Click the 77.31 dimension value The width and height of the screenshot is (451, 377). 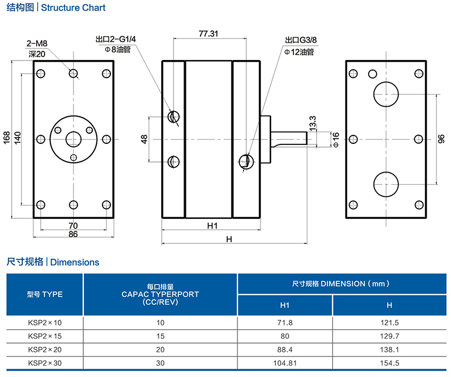[209, 33]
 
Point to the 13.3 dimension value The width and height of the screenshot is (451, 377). [312, 123]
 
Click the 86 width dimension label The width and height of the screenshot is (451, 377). [73, 234]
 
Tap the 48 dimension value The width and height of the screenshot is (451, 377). [144, 139]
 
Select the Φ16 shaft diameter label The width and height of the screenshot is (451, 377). [335, 139]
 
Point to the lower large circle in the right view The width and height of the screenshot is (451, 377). [386, 184]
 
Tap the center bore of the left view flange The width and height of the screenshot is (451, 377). [73, 139]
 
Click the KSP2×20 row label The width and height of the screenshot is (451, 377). [45, 349]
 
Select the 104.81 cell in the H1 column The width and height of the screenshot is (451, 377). [285, 363]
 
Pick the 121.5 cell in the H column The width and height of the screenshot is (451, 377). [389, 322]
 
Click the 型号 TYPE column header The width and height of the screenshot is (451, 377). [45, 294]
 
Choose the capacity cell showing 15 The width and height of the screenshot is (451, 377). [160, 336]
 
